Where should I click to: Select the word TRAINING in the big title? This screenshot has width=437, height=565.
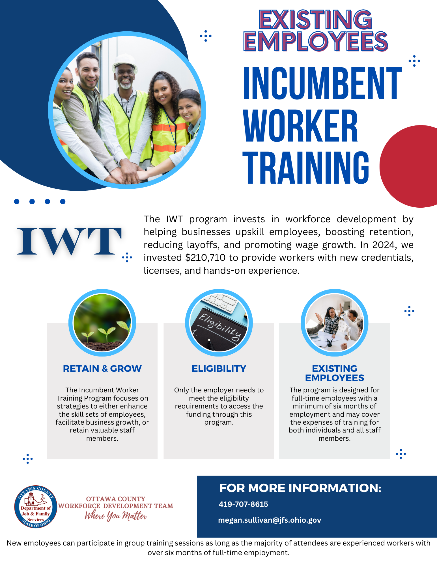click(x=306, y=167)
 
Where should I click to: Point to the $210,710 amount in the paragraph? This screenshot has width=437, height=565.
click(x=205, y=258)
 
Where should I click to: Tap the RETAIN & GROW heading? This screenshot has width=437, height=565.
click(x=102, y=369)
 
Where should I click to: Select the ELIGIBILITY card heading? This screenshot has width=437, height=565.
click(x=219, y=369)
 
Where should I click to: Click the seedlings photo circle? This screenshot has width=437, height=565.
click(x=102, y=323)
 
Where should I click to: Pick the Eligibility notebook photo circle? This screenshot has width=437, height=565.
click(x=219, y=323)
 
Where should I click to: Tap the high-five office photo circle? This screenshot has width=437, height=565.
click(x=334, y=323)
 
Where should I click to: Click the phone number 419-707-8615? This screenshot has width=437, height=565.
click(x=243, y=504)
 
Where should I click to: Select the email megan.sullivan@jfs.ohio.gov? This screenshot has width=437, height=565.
click(x=270, y=520)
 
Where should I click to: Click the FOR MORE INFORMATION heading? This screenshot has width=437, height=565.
click(x=300, y=488)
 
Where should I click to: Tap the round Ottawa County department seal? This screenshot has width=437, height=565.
click(x=36, y=507)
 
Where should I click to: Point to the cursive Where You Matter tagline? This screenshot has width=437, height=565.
click(x=116, y=516)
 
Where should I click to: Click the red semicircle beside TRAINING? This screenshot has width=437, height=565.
click(x=408, y=166)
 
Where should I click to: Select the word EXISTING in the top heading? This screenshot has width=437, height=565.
click(x=315, y=19)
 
